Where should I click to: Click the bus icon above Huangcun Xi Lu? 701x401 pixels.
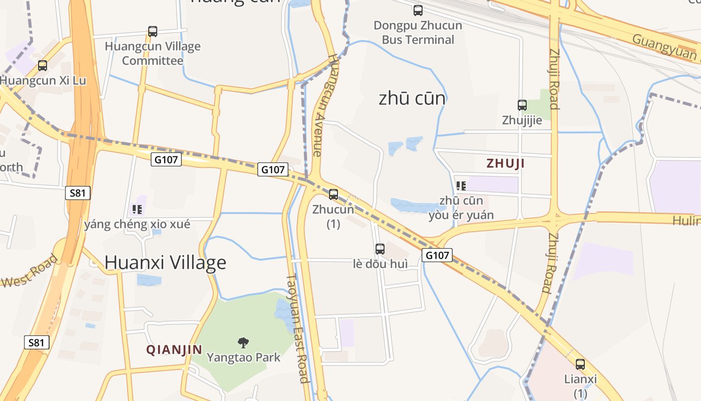(x=43, y=65)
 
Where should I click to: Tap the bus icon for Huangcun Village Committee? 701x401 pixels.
(x=153, y=32)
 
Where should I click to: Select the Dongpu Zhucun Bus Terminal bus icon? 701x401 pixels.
(x=418, y=10)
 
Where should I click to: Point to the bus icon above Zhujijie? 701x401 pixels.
(x=522, y=105)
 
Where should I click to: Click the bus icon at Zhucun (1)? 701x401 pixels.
(x=333, y=194)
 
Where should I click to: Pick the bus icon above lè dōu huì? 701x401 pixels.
(x=380, y=249)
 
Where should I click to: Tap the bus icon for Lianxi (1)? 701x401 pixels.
(x=580, y=364)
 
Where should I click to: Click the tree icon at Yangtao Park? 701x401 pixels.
(x=243, y=343)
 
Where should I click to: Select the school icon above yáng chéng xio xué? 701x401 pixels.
(x=137, y=210)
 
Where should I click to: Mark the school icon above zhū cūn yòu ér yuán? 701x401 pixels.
(x=461, y=186)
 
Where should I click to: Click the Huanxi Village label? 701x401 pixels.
(x=165, y=262)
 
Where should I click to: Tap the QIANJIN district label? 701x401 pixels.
(x=174, y=349)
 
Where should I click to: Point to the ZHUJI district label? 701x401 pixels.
(x=506, y=163)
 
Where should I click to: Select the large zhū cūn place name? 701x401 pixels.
(x=412, y=98)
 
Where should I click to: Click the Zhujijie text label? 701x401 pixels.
(x=522, y=120)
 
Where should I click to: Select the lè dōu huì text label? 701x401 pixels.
(x=380, y=264)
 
